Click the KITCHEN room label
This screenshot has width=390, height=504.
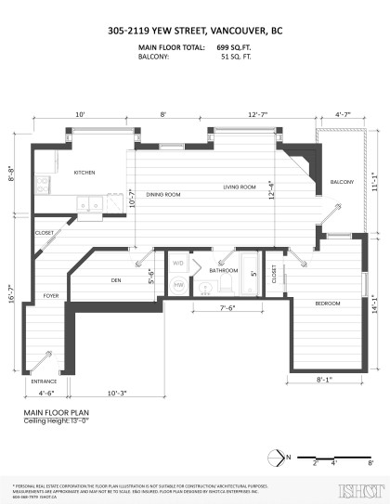tap(85, 172)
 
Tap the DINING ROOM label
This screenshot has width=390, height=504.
tap(162, 195)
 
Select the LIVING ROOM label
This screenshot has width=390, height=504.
tap(239, 187)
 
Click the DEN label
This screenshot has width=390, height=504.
tap(117, 279)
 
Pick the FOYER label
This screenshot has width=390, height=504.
tap(50, 296)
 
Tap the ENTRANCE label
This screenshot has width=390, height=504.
tap(44, 381)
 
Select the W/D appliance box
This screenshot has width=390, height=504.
tap(179, 264)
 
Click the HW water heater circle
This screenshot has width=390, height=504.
tap(178, 286)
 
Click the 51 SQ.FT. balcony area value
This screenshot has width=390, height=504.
tap(236, 56)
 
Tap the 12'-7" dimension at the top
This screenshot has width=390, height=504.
tap(259, 113)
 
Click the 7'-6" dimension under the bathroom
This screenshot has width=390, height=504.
tap(227, 308)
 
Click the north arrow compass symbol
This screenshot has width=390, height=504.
tap(275, 456)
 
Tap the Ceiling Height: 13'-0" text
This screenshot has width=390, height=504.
tap(57, 420)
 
